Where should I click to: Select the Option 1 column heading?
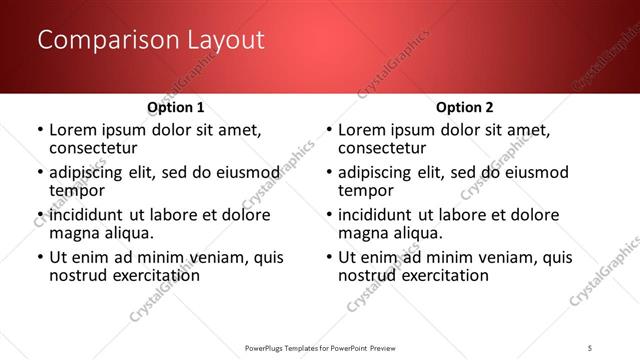(x=176, y=107)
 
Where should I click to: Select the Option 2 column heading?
(x=465, y=107)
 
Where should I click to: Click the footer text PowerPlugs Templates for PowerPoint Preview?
(x=319, y=347)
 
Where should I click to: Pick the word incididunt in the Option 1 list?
(x=88, y=215)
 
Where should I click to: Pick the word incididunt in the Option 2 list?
(x=377, y=215)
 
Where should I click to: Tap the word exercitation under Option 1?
(x=154, y=274)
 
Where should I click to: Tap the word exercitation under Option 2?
(x=443, y=274)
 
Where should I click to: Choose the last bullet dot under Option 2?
(x=329, y=257)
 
